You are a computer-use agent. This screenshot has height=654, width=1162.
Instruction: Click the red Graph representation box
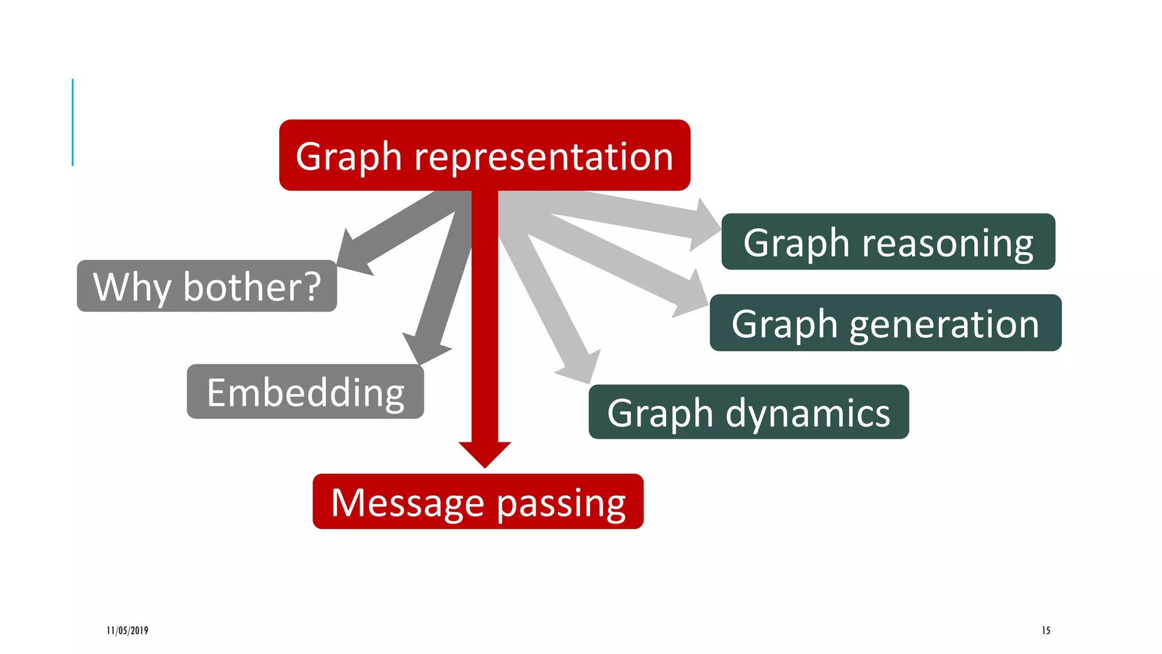pyautogui.click(x=485, y=155)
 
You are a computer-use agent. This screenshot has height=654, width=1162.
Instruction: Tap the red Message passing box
pyautogui.click(x=478, y=501)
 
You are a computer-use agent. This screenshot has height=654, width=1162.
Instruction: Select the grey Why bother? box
pyautogui.click(x=207, y=286)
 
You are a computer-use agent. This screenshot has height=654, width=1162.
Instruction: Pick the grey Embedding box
pyautogui.click(x=305, y=392)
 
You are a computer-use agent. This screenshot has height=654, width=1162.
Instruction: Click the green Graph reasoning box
pyautogui.click(x=888, y=242)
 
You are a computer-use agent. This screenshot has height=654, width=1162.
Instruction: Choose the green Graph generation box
pyautogui.click(x=885, y=322)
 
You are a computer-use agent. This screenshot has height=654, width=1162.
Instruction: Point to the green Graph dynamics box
pyautogui.click(x=748, y=412)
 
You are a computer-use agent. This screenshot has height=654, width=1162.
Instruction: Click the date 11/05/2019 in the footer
pyautogui.click(x=127, y=630)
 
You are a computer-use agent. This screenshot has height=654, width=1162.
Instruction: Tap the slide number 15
pyautogui.click(x=1046, y=630)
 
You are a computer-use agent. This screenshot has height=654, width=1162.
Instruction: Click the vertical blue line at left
pyautogui.click(x=73, y=122)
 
